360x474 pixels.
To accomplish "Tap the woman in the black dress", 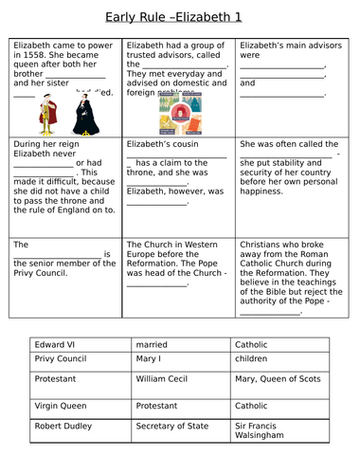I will pyautogui.click(x=80, y=113).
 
